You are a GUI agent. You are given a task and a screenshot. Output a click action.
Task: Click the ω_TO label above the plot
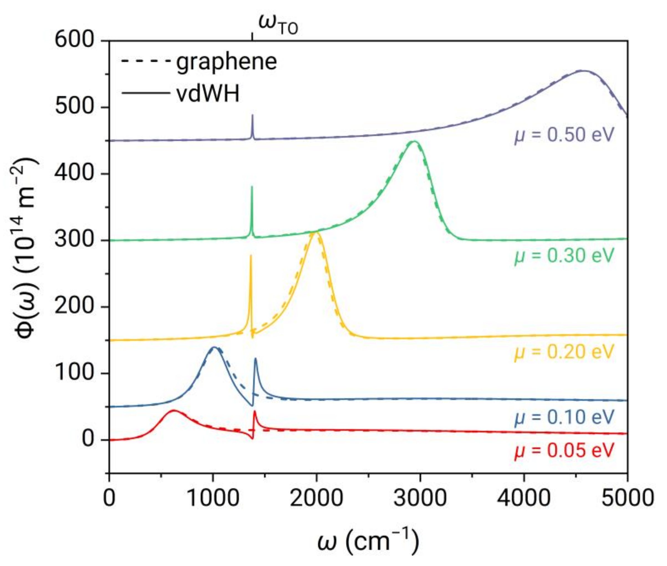[278, 26]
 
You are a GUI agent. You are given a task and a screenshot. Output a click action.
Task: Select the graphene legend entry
[226, 62]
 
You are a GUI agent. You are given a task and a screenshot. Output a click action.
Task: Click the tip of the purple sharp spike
[252, 115]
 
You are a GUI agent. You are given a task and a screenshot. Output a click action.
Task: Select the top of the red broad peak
[174, 410]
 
